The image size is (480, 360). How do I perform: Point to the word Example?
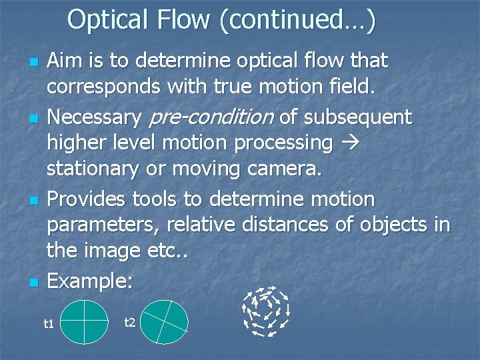(90, 280)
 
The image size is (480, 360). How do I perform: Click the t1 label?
(48, 324)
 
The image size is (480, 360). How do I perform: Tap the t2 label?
(130, 323)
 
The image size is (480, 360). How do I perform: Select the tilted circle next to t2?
(165, 321)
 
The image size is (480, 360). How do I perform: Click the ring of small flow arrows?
(266, 309)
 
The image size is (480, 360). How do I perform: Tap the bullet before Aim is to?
(32, 63)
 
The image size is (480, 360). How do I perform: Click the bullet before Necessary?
(32, 119)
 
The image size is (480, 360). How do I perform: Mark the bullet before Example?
(32, 282)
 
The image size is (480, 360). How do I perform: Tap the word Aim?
(65, 61)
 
